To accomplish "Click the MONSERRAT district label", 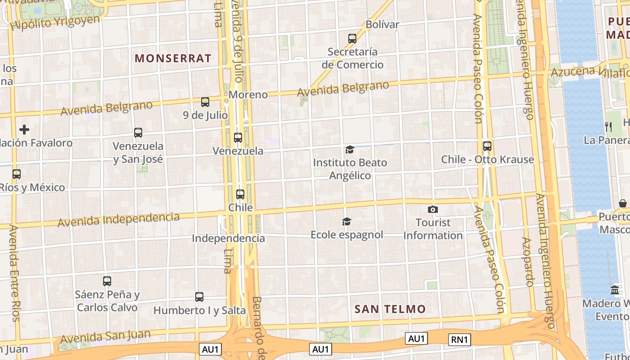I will (x=173, y=58).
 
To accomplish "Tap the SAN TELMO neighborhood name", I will (x=390, y=309).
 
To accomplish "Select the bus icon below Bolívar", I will (x=352, y=39).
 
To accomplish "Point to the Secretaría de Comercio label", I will (x=352, y=58).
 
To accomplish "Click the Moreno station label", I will (x=248, y=94).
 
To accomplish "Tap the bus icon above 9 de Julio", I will (x=205, y=102).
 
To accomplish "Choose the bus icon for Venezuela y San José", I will (x=138, y=133).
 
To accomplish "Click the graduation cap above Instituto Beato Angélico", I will (x=350, y=149).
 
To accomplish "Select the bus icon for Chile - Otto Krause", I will (x=487, y=146).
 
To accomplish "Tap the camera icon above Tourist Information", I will (x=433, y=209).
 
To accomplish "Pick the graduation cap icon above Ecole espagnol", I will (x=346, y=221).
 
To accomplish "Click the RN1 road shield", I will (x=459, y=339).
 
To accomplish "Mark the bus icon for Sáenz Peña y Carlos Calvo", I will (x=107, y=281).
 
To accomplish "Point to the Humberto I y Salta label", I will (x=199, y=310).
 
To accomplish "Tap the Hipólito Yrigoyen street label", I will (x=55, y=22).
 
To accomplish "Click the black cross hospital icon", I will (x=24, y=130).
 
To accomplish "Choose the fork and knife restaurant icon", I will (x=608, y=126).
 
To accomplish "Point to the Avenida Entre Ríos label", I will (x=14, y=273).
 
